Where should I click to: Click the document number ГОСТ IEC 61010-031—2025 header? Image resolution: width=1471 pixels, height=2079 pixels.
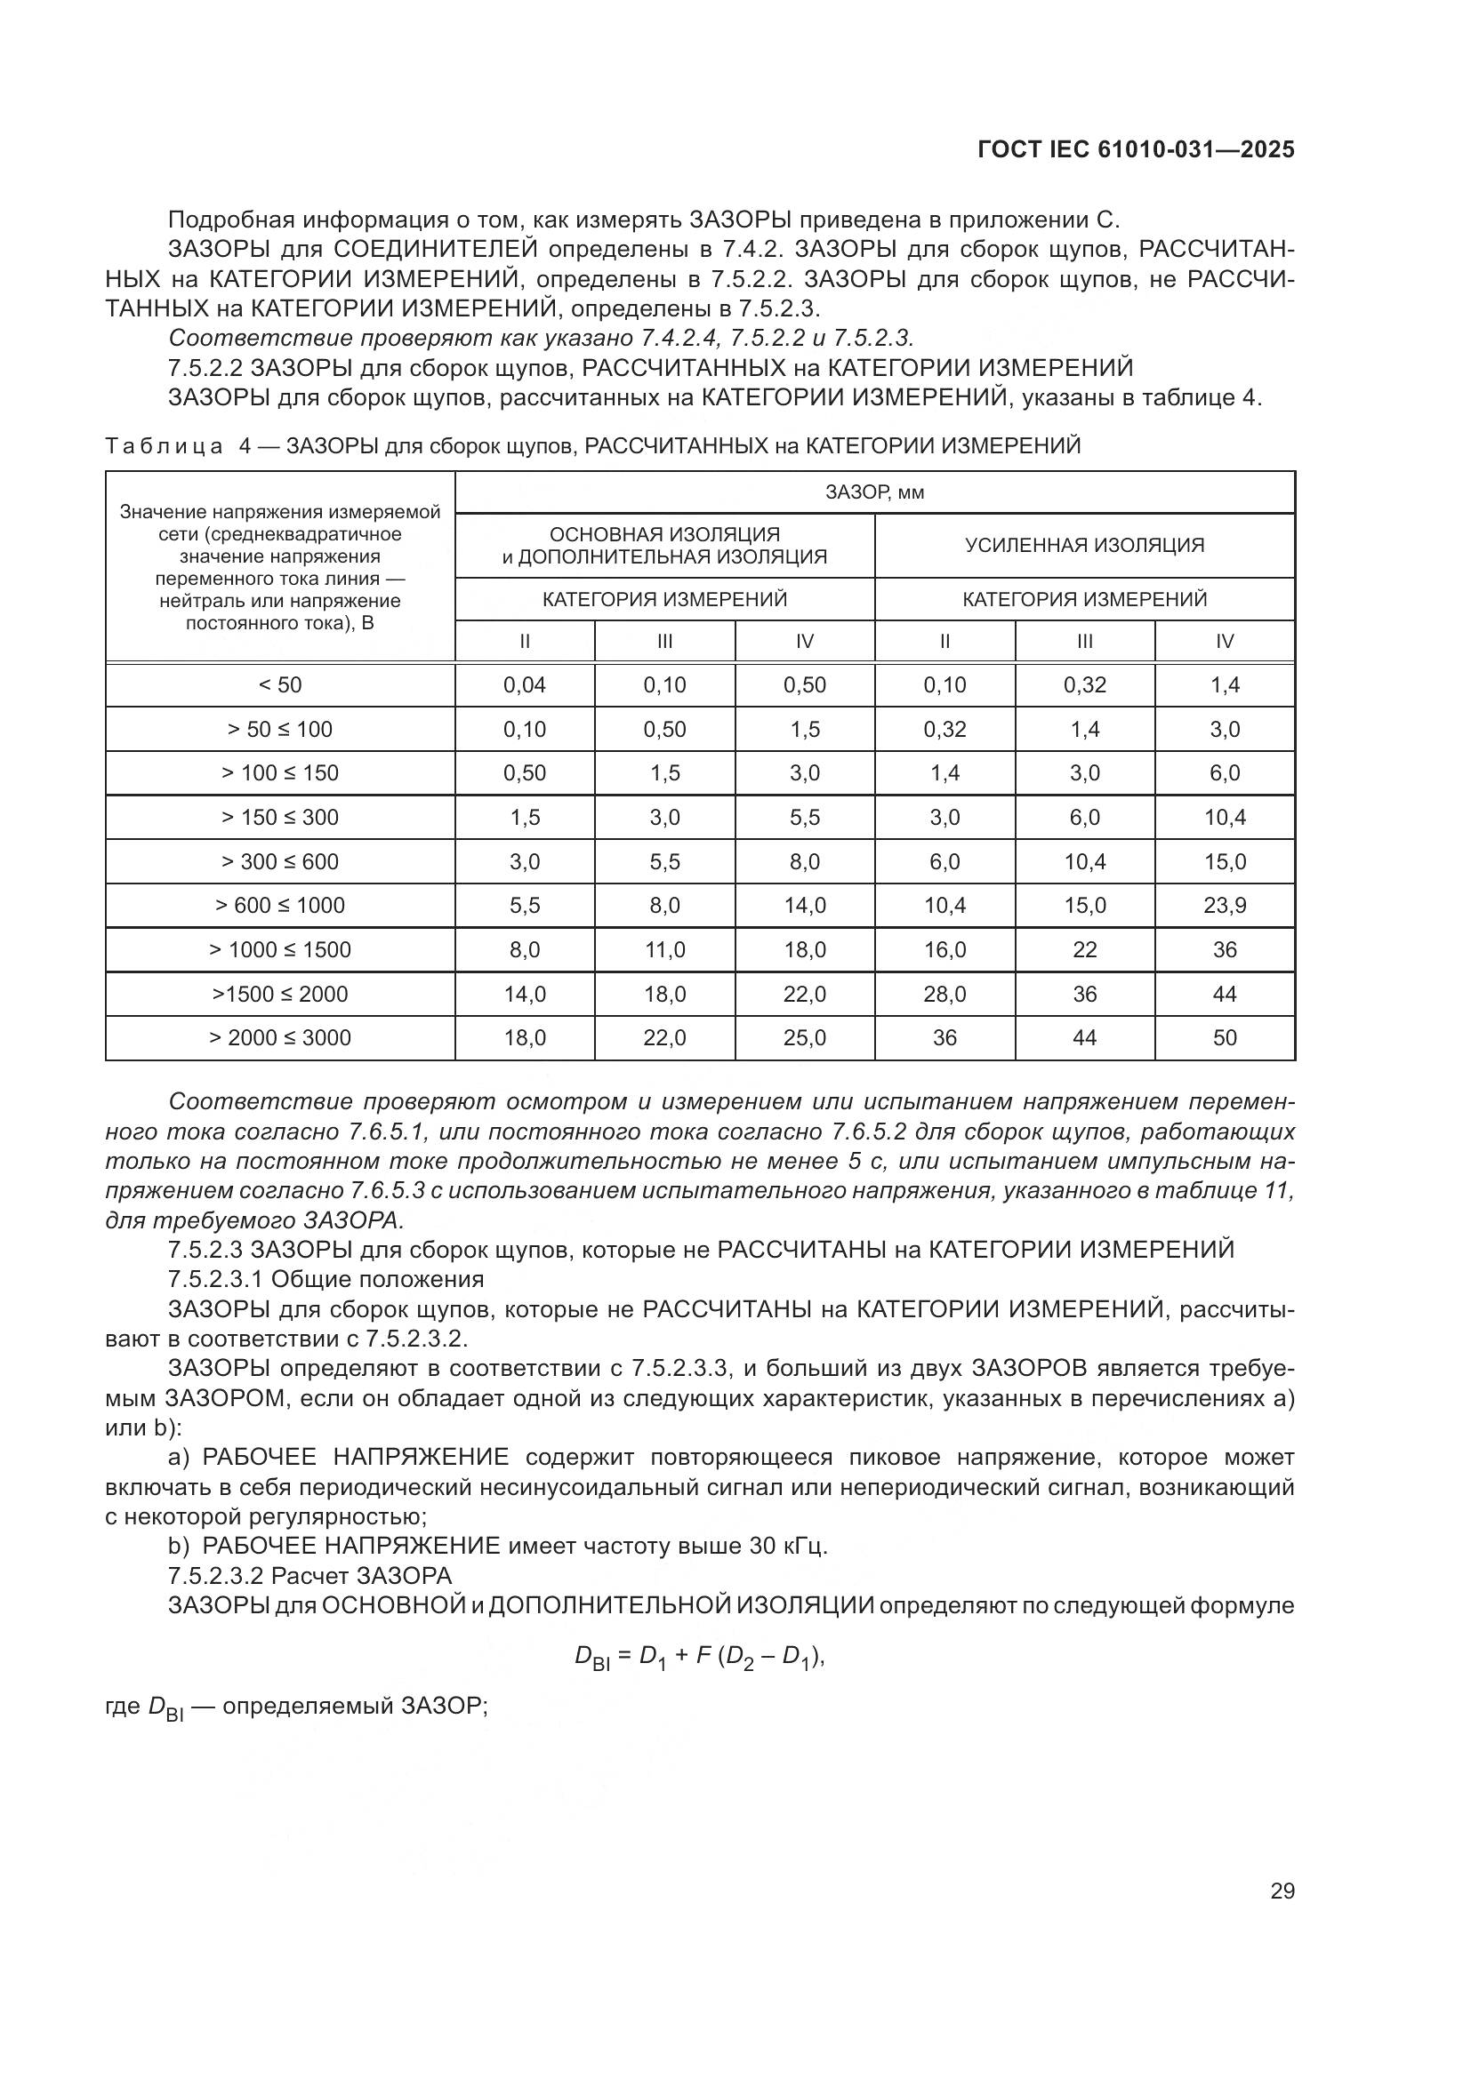click(1136, 149)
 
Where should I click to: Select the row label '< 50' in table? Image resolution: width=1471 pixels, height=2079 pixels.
click(280, 685)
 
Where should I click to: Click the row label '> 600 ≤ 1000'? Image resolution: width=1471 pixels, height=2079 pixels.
click(280, 906)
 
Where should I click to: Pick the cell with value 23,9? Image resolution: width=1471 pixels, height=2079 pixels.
click(1225, 906)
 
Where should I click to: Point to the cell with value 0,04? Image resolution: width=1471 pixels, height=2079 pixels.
click(525, 685)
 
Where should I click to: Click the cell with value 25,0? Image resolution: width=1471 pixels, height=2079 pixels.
click(804, 1037)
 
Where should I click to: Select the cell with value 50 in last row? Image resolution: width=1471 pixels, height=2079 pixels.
click(1225, 1037)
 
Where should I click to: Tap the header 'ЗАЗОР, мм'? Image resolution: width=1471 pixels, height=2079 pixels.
click(874, 492)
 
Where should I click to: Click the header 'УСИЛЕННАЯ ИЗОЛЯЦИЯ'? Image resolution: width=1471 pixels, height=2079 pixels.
click(1084, 545)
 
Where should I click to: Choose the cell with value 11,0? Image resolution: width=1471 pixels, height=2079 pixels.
click(664, 950)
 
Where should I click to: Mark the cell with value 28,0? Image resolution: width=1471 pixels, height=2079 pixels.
click(944, 995)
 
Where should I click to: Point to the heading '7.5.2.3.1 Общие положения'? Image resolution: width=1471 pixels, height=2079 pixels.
click(326, 1279)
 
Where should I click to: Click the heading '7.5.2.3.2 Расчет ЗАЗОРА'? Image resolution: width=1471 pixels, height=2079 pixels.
click(309, 1576)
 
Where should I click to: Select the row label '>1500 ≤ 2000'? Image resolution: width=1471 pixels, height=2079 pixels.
click(280, 995)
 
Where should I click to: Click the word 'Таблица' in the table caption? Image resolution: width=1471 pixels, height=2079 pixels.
click(164, 446)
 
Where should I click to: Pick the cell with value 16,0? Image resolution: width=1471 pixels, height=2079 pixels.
click(944, 950)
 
